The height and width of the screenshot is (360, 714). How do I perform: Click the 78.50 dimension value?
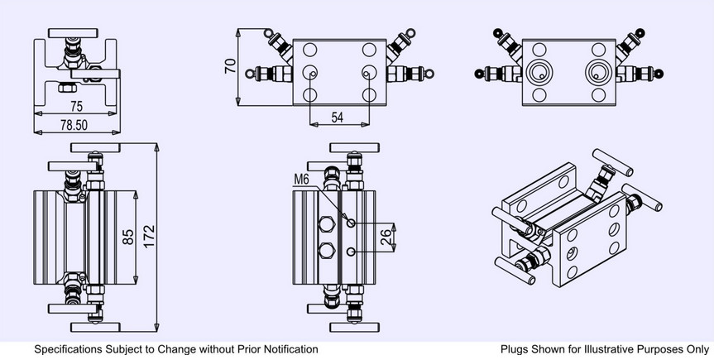(74, 125)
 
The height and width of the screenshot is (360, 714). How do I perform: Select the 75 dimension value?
(76, 106)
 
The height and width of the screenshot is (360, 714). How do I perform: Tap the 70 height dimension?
(231, 66)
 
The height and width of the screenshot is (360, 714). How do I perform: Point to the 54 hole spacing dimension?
(337, 118)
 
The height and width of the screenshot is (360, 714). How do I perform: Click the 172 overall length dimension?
(150, 236)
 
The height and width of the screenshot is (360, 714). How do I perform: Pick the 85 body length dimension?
(128, 237)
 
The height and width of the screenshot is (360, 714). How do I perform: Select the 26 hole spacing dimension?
(386, 237)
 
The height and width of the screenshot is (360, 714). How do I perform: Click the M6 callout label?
(301, 180)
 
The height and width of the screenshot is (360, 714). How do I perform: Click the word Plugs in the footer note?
(514, 349)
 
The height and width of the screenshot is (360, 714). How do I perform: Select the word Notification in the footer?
(291, 349)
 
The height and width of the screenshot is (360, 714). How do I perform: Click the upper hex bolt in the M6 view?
(328, 223)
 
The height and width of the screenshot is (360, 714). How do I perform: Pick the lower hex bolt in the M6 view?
(328, 250)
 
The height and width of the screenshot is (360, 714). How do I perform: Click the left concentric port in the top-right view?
(539, 73)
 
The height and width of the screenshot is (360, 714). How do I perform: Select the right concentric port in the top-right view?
(598, 73)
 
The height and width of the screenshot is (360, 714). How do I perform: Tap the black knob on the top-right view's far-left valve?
(478, 74)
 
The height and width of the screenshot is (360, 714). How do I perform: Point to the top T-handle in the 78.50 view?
(73, 33)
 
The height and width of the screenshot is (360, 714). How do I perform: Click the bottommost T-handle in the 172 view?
(95, 327)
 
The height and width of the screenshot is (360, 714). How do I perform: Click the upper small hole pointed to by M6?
(351, 223)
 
